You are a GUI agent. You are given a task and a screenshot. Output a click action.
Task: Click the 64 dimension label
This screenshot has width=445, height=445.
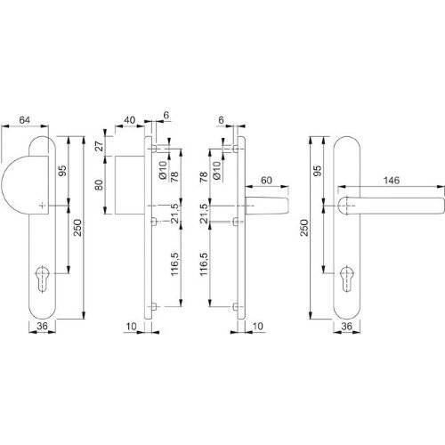pos(25,120)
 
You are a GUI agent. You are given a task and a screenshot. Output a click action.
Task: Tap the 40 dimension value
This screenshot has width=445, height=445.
pos(129,120)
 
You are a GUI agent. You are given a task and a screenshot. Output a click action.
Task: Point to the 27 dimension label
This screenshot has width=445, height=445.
pos(100,146)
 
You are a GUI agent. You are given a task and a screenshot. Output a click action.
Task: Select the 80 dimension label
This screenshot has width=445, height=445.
pos(100,185)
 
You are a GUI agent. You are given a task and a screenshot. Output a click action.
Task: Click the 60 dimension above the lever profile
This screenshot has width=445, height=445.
pos(266,180)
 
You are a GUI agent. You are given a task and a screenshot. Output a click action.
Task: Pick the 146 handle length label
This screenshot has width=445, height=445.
pos(392,180)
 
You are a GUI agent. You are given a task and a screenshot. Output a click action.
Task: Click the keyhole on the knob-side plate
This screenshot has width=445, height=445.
pos(42,279)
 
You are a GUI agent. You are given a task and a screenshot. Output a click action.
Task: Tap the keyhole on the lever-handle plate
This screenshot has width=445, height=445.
pos(346,279)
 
